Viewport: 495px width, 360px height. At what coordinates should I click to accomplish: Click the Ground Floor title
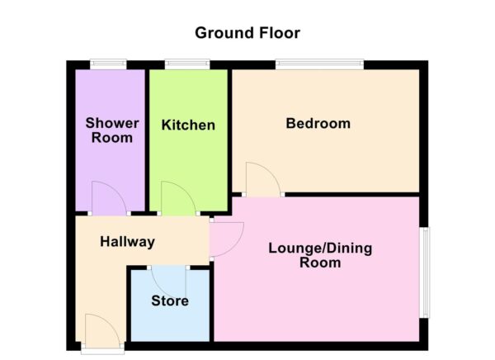coord(247,33)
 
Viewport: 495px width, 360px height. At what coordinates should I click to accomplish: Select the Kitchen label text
coord(188,126)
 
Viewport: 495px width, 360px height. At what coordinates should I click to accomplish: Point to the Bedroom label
coord(318,124)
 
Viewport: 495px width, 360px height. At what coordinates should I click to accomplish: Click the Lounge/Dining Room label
coord(321,255)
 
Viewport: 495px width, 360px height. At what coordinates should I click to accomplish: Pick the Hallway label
coord(127,242)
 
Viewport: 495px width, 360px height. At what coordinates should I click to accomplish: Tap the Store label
coord(169,301)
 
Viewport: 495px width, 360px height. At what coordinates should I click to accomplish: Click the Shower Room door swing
coord(106,199)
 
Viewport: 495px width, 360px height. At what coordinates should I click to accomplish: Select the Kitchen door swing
coord(177,199)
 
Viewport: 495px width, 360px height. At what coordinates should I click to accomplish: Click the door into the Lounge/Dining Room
coord(226,239)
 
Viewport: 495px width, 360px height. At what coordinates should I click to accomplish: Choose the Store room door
coord(170,282)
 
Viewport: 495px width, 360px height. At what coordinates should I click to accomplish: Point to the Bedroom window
coord(319,64)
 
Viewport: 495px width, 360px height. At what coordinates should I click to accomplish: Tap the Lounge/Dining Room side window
coord(424,272)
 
